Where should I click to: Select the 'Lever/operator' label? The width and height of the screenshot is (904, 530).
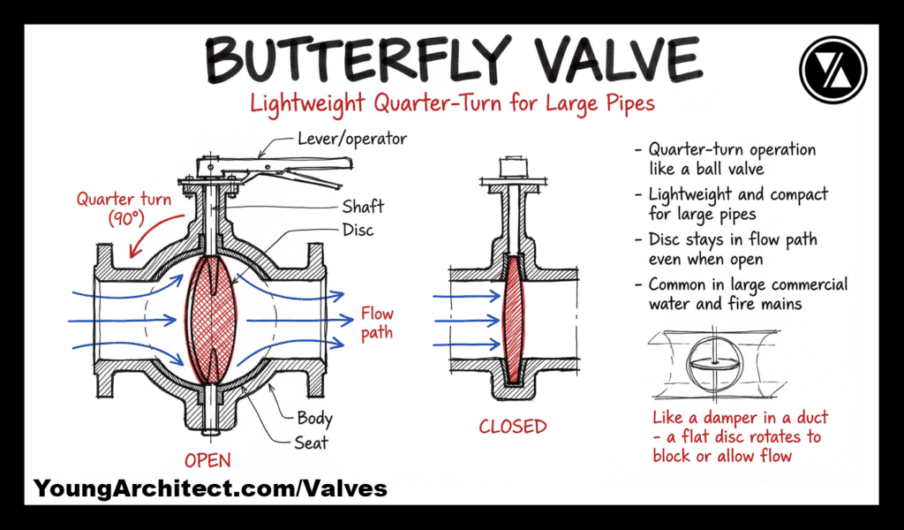[x=350, y=139]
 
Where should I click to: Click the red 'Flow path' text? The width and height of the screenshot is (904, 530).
[x=376, y=323]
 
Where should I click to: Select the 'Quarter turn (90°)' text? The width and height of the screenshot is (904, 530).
[x=122, y=208]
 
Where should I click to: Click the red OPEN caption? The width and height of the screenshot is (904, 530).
[x=207, y=460]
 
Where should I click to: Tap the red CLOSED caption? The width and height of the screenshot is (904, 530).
[x=513, y=427]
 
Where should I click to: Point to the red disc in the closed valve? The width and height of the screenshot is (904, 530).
[x=513, y=318]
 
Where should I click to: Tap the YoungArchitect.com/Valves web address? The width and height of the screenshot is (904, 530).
[x=210, y=488]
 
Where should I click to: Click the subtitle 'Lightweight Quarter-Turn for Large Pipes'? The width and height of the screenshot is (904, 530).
[x=452, y=102]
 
